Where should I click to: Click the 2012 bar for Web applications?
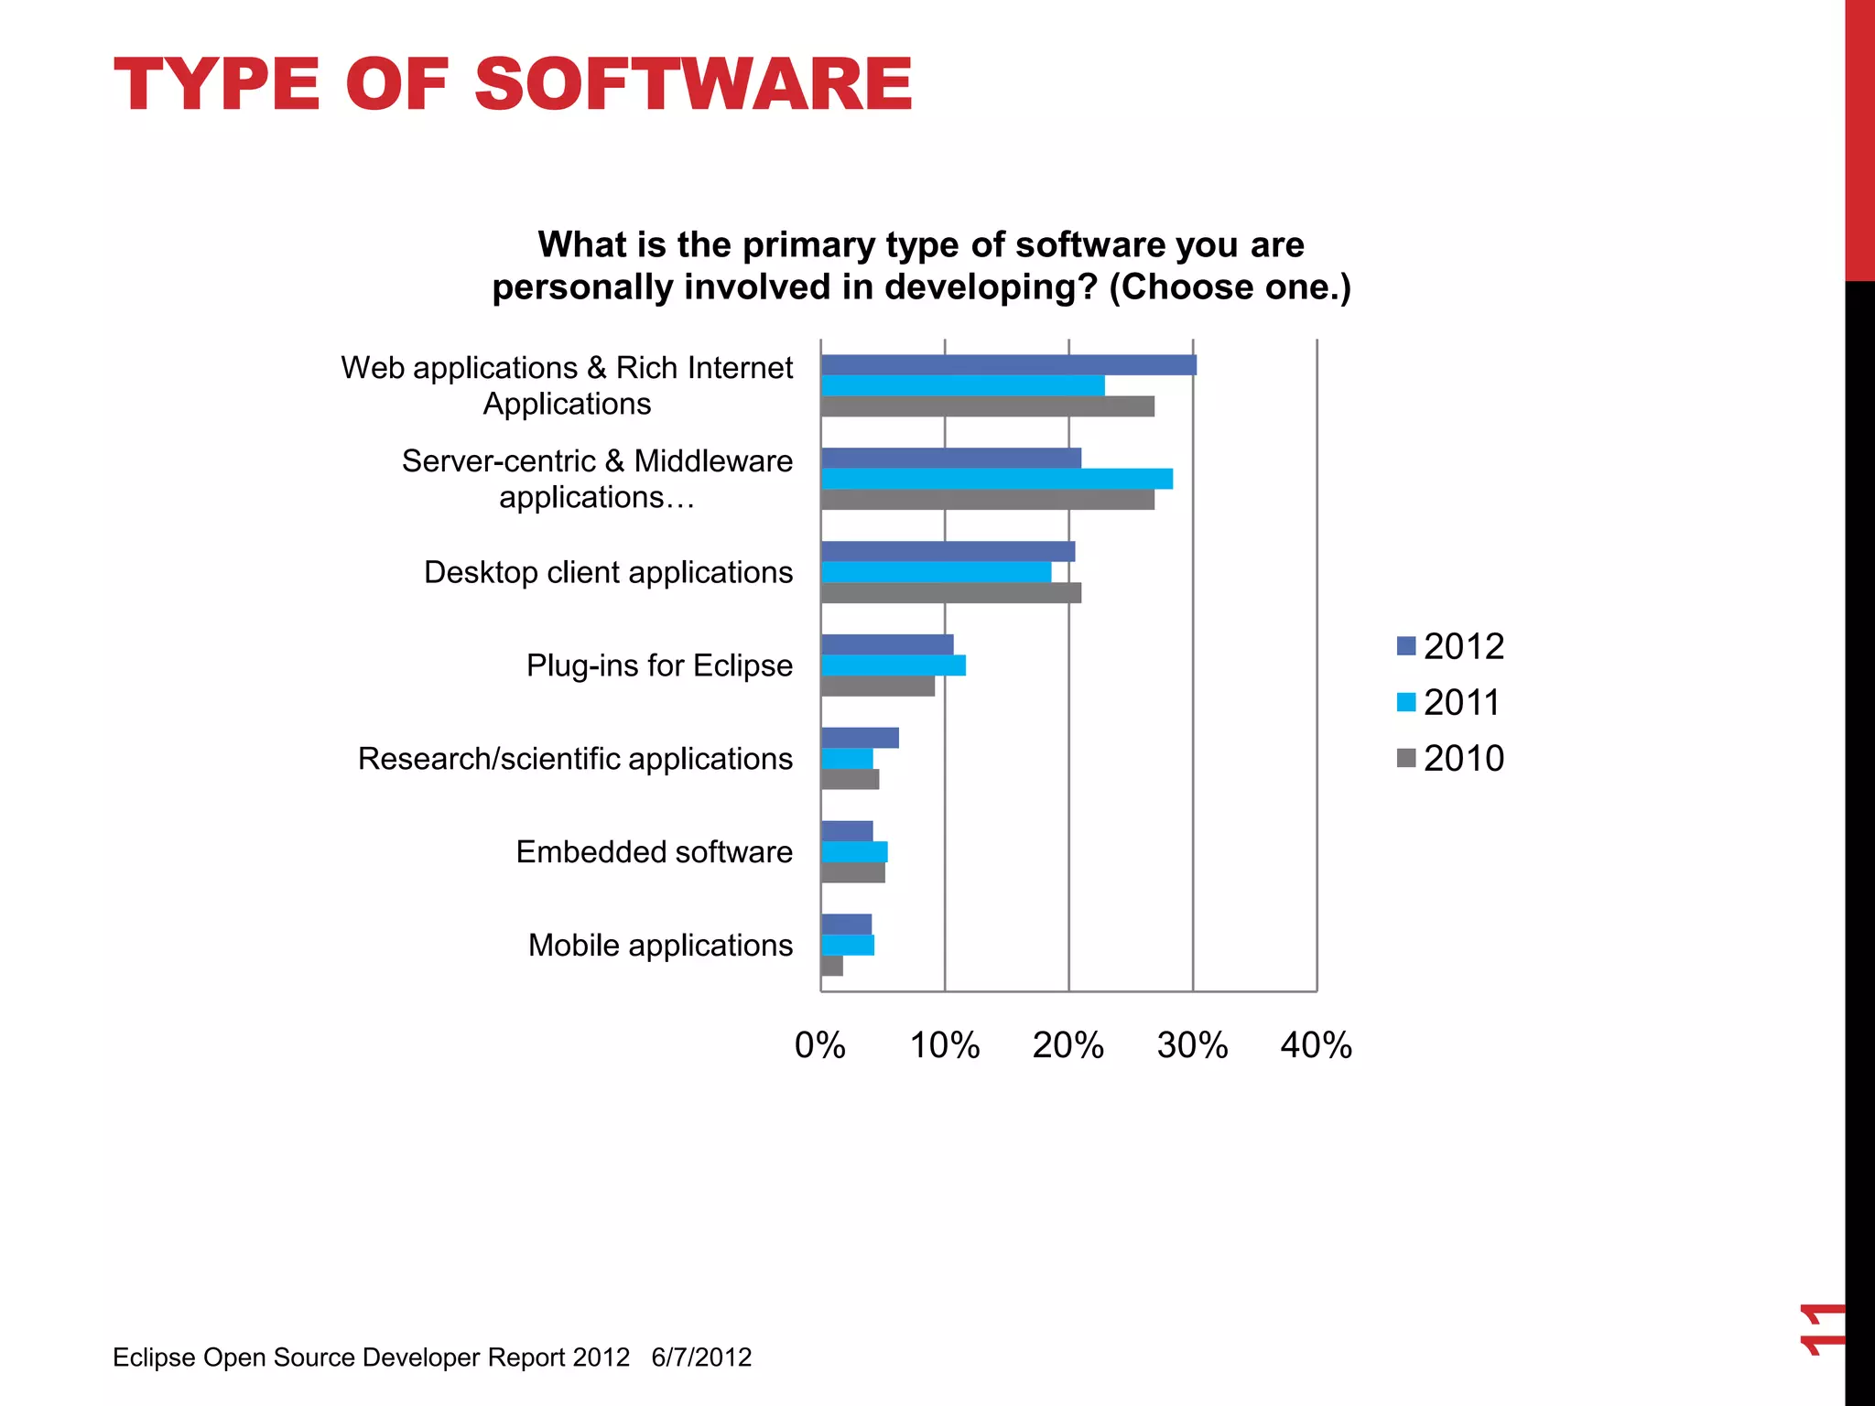click(1007, 364)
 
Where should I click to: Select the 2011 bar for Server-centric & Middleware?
click(996, 479)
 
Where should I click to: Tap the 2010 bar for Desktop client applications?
click(950, 593)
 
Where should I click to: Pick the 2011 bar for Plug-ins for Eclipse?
click(893, 665)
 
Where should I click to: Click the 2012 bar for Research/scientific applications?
click(860, 738)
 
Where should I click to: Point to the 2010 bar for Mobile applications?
click(831, 966)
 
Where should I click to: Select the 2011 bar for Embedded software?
click(854, 852)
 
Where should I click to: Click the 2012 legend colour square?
click(1406, 646)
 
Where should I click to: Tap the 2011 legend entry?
click(1461, 703)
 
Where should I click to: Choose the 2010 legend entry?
click(1463, 759)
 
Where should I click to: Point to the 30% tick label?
click(1192, 1045)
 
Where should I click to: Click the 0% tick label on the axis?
click(819, 1045)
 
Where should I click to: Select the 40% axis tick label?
click(1316, 1045)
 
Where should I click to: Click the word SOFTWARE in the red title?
click(693, 85)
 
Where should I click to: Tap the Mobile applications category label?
click(660, 946)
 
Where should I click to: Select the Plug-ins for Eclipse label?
click(659, 665)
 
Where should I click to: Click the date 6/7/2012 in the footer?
click(701, 1357)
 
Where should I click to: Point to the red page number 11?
click(1821, 1328)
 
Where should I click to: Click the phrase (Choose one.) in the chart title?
click(1230, 287)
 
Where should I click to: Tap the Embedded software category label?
click(654, 852)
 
